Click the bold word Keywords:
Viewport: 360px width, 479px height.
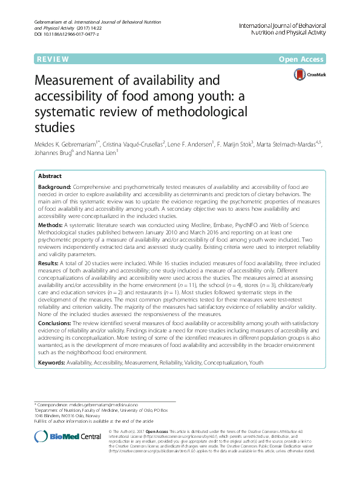pos(53,362)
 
